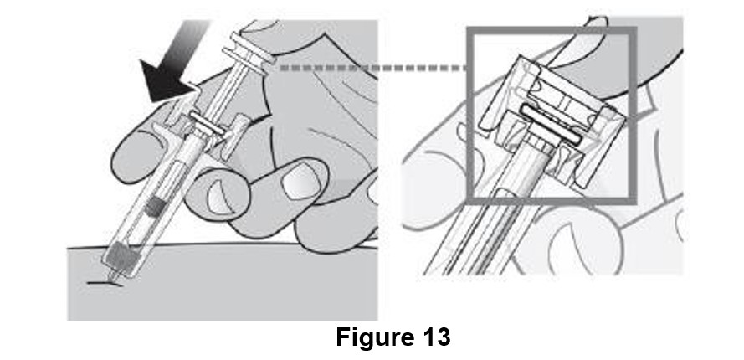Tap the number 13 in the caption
434,337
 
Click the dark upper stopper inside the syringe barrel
156,203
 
